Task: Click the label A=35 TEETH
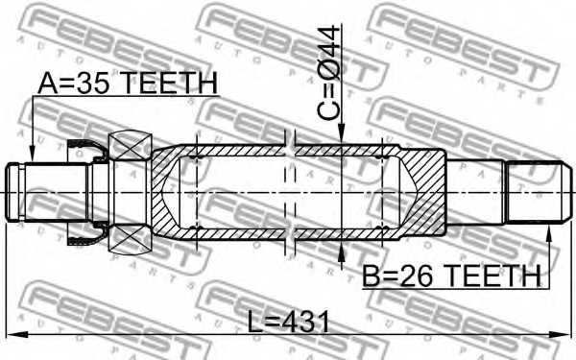click(x=128, y=84)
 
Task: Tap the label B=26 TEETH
click(x=452, y=276)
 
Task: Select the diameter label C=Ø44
click(x=329, y=72)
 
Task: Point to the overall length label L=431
click(x=289, y=322)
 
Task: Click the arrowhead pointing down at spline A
click(x=33, y=154)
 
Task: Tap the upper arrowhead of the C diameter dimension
click(x=342, y=133)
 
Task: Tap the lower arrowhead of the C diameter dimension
click(x=342, y=252)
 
